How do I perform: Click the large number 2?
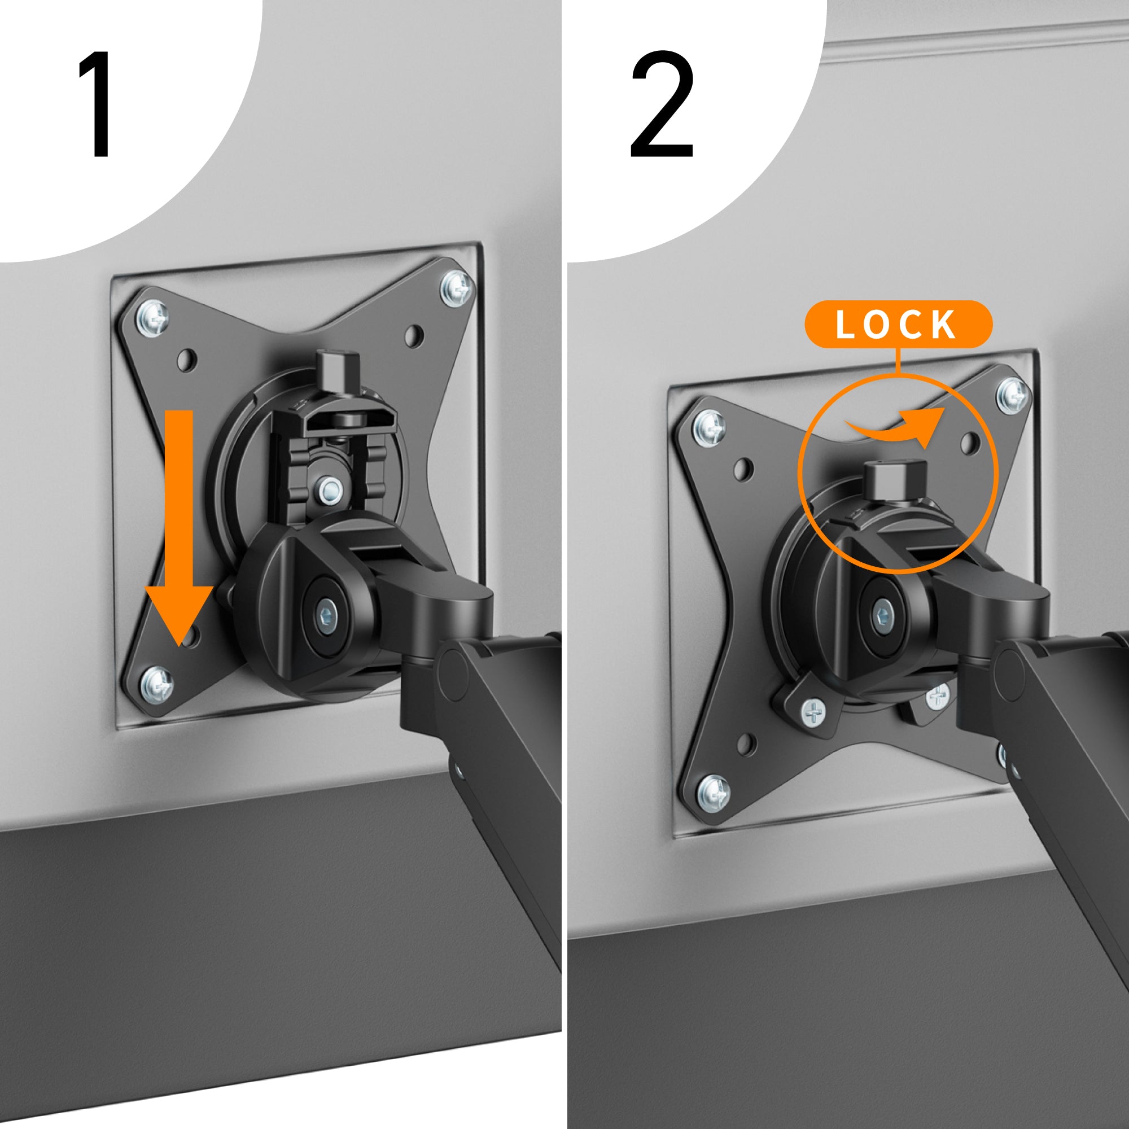pyautogui.click(x=662, y=105)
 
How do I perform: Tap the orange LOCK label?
pyautogui.click(x=898, y=325)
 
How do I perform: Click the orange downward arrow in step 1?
pyautogui.click(x=179, y=526)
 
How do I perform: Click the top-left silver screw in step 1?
pyautogui.click(x=152, y=318)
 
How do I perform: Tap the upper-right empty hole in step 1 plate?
pyautogui.click(x=414, y=335)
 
